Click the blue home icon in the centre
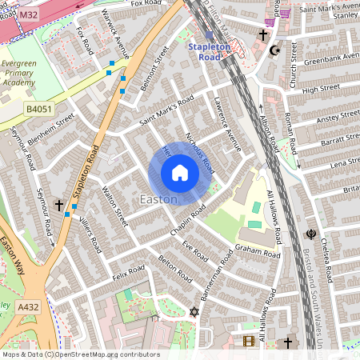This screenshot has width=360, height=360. [180, 173]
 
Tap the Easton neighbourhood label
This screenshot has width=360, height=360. [158, 198]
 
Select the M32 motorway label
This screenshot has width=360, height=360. [28, 15]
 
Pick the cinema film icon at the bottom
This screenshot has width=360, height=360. [248, 342]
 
